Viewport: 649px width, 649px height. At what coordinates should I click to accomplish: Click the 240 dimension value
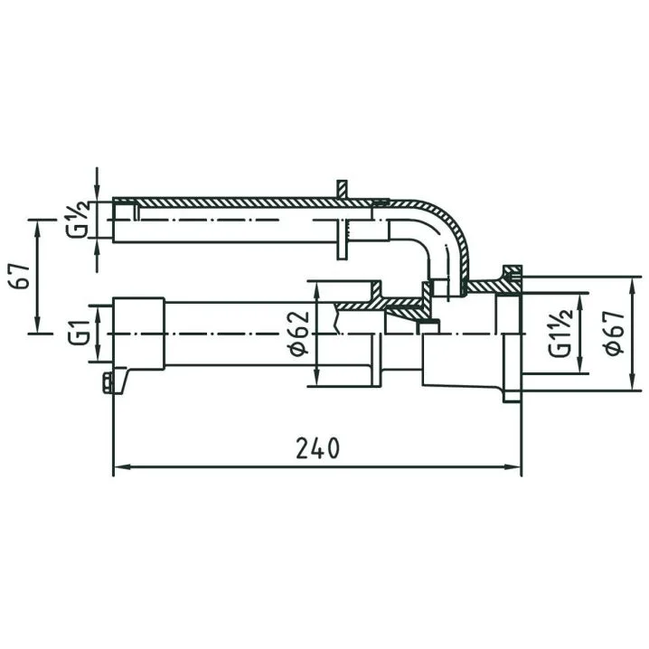(317, 448)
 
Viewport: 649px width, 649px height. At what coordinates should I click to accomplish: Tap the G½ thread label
(78, 220)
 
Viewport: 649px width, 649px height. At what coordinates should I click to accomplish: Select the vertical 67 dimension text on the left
(20, 276)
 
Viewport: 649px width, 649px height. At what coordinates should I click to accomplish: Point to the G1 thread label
(79, 333)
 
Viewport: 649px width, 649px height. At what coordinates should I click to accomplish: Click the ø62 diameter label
(299, 334)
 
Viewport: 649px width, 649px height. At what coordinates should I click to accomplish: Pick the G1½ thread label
(560, 333)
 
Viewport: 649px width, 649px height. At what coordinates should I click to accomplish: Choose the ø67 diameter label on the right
(615, 333)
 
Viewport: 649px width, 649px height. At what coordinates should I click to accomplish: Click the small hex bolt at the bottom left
(108, 382)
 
